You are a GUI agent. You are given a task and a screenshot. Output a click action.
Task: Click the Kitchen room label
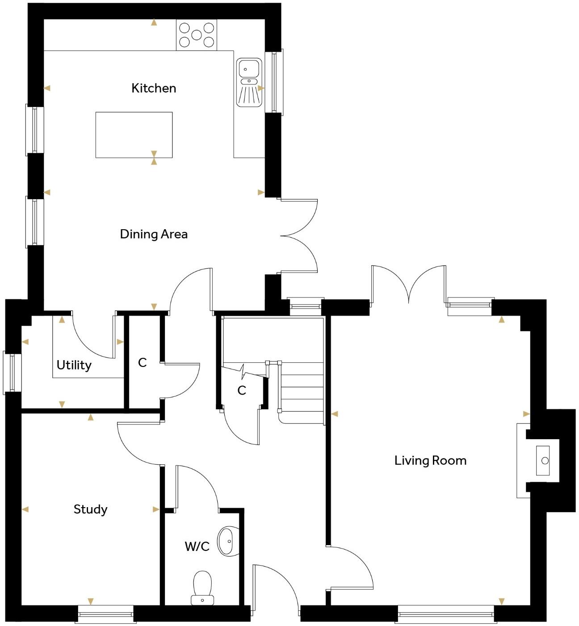[154, 88]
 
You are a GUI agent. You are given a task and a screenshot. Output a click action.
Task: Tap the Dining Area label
[154, 234]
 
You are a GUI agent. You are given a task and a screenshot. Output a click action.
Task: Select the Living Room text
[430, 460]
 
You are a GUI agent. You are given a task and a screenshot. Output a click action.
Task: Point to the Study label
[90, 509]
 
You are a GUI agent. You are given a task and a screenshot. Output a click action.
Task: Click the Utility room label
[74, 365]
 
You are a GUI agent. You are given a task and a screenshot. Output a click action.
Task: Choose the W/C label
[197, 546]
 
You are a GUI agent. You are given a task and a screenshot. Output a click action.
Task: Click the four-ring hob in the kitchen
[197, 35]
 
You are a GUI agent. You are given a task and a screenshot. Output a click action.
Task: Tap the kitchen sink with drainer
[249, 83]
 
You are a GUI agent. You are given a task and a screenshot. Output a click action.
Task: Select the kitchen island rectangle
[134, 134]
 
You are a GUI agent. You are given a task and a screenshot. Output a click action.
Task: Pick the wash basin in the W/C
[228, 541]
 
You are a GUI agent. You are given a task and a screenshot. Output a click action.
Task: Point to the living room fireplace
[543, 460]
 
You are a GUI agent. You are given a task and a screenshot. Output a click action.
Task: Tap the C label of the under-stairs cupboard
[242, 391]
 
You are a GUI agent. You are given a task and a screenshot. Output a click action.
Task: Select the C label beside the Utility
[142, 362]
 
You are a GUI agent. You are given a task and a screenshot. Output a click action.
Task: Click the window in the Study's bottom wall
[106, 613]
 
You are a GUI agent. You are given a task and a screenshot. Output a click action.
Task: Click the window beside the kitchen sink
[274, 81]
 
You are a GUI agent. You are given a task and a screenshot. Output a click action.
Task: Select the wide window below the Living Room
[446, 613]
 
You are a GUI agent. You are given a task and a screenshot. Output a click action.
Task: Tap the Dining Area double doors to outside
[298, 235]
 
